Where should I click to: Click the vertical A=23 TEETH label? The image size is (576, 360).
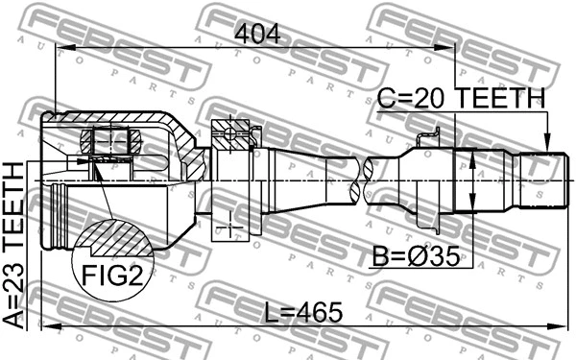click(15, 245)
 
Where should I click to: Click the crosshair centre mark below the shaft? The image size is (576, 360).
click(230, 227)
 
